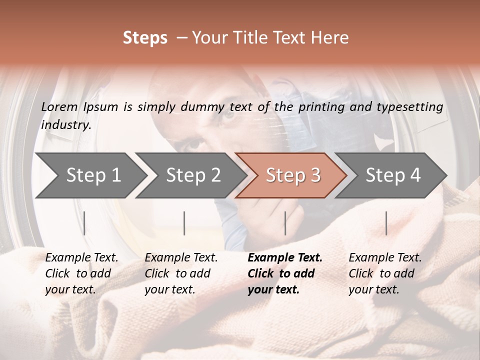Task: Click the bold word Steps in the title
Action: [145, 38]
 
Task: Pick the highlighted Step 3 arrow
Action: [293, 175]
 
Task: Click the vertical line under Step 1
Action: [84, 223]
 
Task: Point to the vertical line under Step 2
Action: [184, 223]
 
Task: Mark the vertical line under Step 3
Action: [285, 223]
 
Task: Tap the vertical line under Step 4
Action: [386, 223]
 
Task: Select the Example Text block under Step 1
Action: [81, 273]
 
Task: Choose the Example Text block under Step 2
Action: [181, 273]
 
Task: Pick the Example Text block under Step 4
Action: [385, 273]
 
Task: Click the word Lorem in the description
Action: [59, 107]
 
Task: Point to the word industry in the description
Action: [65, 125]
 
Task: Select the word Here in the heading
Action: [330, 38]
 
